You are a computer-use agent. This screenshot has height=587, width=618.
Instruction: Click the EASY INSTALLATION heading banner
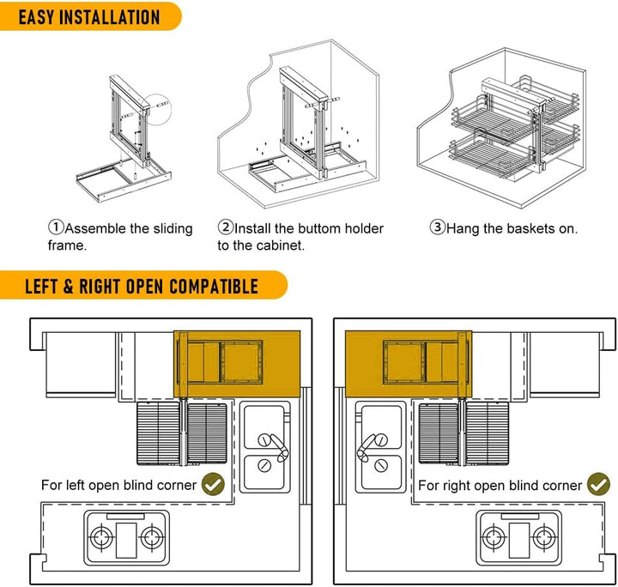click(x=86, y=16)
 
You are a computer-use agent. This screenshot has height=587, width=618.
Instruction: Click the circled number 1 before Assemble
click(x=56, y=228)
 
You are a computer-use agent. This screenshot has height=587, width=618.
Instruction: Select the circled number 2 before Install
click(x=226, y=228)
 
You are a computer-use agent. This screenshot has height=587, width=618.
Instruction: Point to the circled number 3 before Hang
click(x=437, y=228)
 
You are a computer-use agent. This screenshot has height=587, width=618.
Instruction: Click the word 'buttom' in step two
click(x=322, y=228)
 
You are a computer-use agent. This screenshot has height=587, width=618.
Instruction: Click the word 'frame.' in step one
click(x=69, y=245)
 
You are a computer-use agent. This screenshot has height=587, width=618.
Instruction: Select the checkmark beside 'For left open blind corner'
click(x=214, y=485)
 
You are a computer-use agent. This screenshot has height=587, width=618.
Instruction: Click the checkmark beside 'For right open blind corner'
click(x=598, y=485)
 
